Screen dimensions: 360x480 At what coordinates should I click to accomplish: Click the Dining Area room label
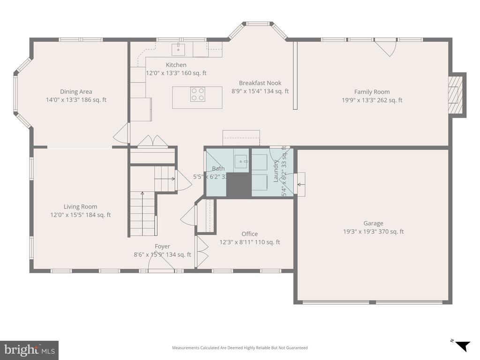click(76, 92)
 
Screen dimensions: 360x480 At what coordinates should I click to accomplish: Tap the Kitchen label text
click(176, 65)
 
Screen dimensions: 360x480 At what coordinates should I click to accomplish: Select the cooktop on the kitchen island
click(197, 95)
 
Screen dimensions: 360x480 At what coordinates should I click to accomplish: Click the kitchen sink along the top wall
click(179, 48)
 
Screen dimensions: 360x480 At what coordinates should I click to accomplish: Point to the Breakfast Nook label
click(260, 83)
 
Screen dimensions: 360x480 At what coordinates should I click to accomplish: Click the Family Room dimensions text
click(372, 100)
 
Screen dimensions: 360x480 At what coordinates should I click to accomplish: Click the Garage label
click(373, 224)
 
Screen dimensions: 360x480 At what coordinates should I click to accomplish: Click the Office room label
click(249, 234)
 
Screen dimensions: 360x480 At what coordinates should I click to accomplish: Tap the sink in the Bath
click(243, 161)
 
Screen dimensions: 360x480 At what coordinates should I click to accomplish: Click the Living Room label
click(81, 207)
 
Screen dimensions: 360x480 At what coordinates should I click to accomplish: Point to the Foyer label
click(162, 247)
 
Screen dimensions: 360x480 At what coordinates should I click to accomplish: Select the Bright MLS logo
click(29, 350)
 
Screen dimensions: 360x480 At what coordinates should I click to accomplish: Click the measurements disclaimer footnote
click(240, 348)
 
